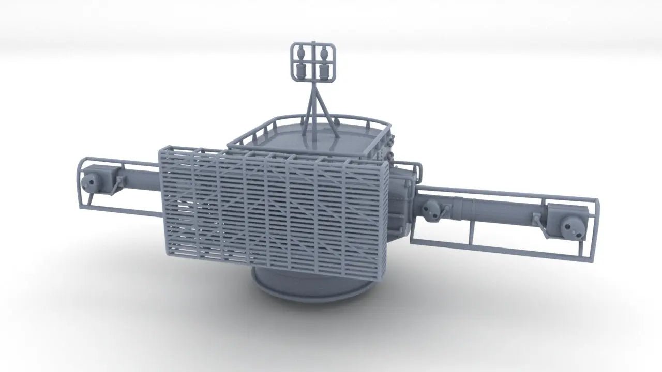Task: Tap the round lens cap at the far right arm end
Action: (x=569, y=225)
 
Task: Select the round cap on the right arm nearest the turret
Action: (x=429, y=209)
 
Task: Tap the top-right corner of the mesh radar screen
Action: (x=387, y=164)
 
